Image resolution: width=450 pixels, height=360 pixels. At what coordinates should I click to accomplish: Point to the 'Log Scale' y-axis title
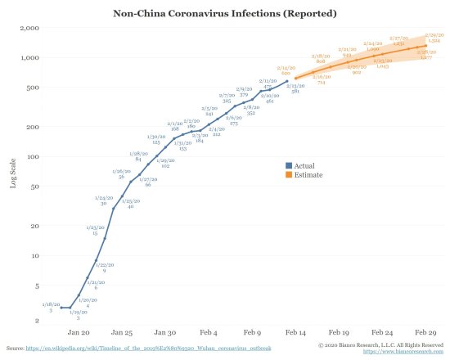pyautogui.click(x=12, y=174)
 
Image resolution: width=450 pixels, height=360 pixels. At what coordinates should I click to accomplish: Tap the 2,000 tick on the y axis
pyautogui.click(x=31, y=28)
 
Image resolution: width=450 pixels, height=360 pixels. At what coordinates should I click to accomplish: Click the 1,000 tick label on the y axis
pyautogui.click(x=31, y=58)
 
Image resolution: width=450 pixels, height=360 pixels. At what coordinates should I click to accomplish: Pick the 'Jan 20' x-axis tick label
pyautogui.click(x=79, y=334)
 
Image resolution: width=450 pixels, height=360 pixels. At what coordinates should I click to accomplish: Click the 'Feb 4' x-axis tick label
pyautogui.click(x=208, y=334)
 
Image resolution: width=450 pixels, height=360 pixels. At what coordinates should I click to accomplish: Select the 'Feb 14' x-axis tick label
pyautogui.click(x=295, y=334)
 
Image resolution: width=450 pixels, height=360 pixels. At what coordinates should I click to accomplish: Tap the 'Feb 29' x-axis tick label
pyautogui.click(x=424, y=334)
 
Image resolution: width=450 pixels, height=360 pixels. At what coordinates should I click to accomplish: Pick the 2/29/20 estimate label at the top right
pyautogui.click(x=434, y=37)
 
